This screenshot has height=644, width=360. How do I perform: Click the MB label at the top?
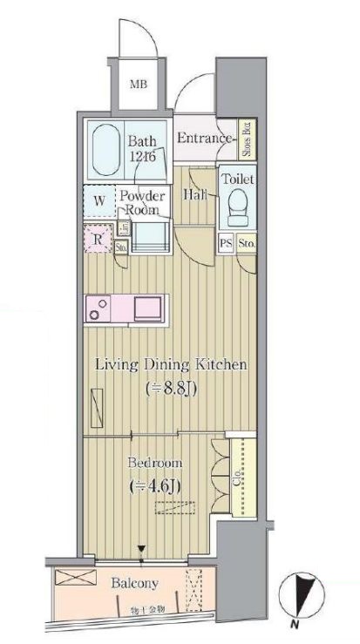[138, 85]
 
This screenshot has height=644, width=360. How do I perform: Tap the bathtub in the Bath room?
[105, 148]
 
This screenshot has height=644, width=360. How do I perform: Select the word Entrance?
[204, 138]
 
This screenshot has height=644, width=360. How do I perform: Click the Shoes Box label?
[247, 138]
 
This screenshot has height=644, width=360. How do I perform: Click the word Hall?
[194, 195]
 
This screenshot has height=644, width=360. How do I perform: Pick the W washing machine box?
[100, 201]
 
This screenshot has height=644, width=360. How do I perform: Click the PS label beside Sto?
[226, 244]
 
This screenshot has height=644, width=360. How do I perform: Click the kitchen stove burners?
[98, 308]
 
